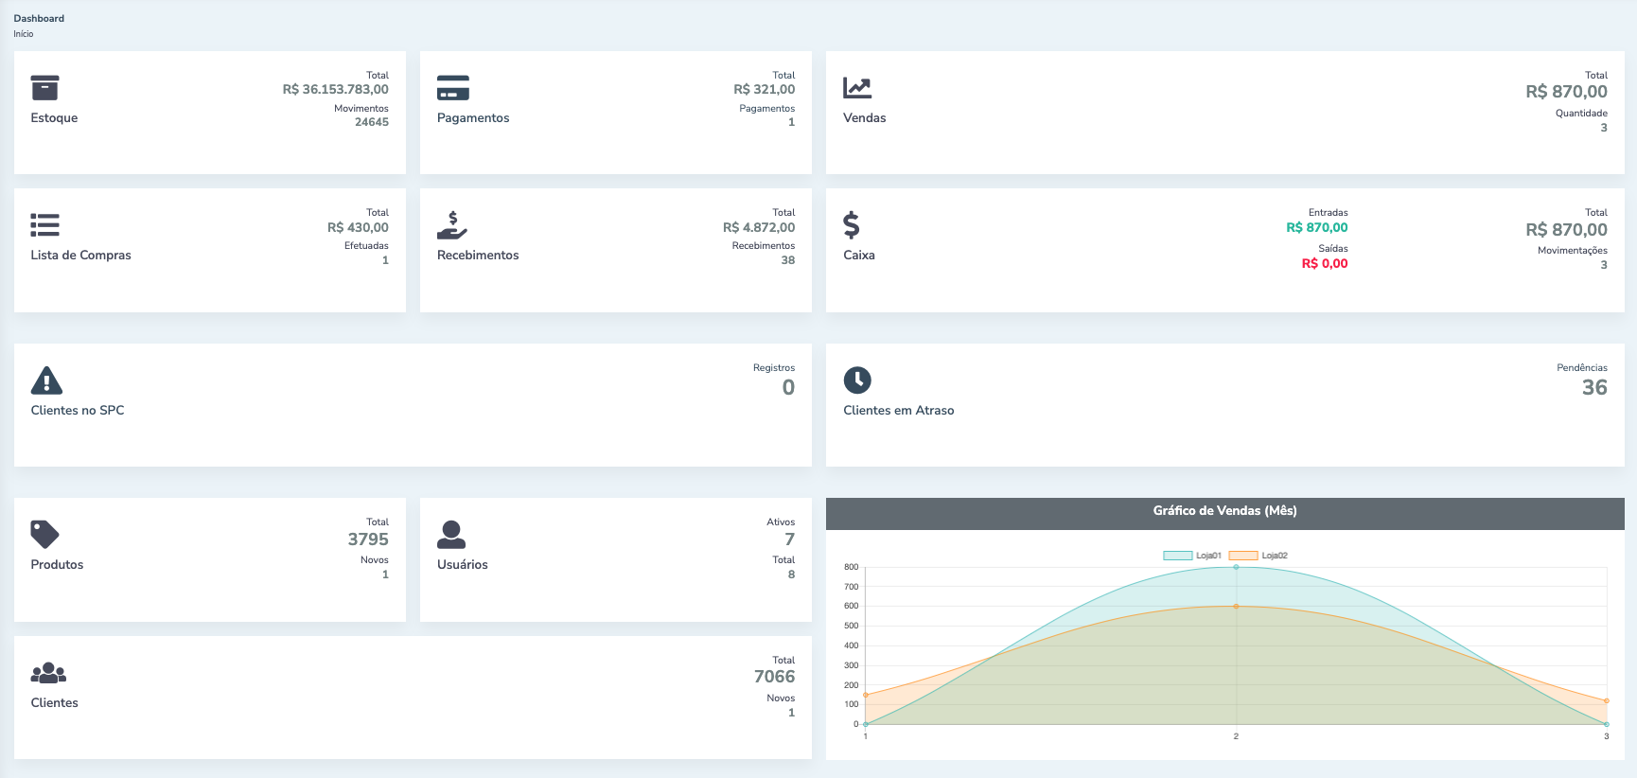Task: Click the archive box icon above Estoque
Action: (44, 88)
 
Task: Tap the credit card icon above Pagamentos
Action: (453, 88)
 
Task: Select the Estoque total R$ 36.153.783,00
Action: (335, 90)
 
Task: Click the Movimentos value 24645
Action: (372, 122)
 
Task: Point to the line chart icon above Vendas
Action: (857, 88)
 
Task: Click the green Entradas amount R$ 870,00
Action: (1316, 228)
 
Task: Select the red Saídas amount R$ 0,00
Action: (1324, 264)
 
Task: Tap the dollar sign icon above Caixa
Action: (852, 225)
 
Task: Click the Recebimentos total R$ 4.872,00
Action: (759, 228)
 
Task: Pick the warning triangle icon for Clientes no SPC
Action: (46, 380)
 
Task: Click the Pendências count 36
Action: (1594, 387)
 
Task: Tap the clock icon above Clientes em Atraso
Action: (857, 380)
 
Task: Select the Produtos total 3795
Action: (368, 539)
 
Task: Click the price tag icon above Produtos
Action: (44, 534)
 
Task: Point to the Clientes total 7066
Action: (774, 677)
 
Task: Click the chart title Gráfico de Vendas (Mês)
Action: (1224, 511)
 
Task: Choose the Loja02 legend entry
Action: (1259, 556)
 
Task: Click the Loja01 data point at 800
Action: (1236, 567)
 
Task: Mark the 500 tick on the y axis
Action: (852, 626)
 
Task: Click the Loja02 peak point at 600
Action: (1236, 606)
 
